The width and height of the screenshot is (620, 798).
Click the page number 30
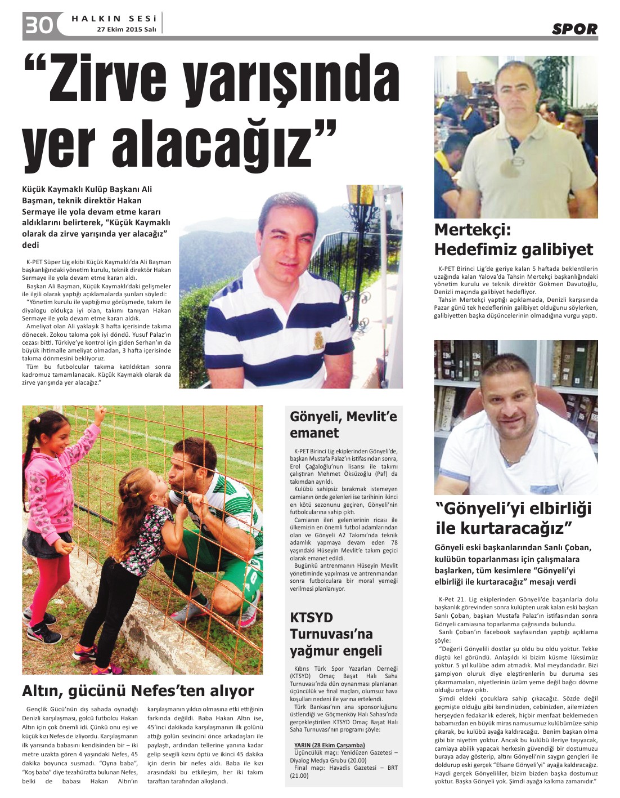tap(38, 24)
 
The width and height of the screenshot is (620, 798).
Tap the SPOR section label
tap(574, 29)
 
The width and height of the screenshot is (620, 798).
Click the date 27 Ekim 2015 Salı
tap(126, 29)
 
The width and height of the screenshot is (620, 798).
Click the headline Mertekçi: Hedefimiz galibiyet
tap(513, 239)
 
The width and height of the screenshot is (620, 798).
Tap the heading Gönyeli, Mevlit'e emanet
tap(343, 425)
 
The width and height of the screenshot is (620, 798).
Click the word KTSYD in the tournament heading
tap(312, 617)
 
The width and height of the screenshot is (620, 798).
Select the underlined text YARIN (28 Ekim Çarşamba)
tap(329, 745)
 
